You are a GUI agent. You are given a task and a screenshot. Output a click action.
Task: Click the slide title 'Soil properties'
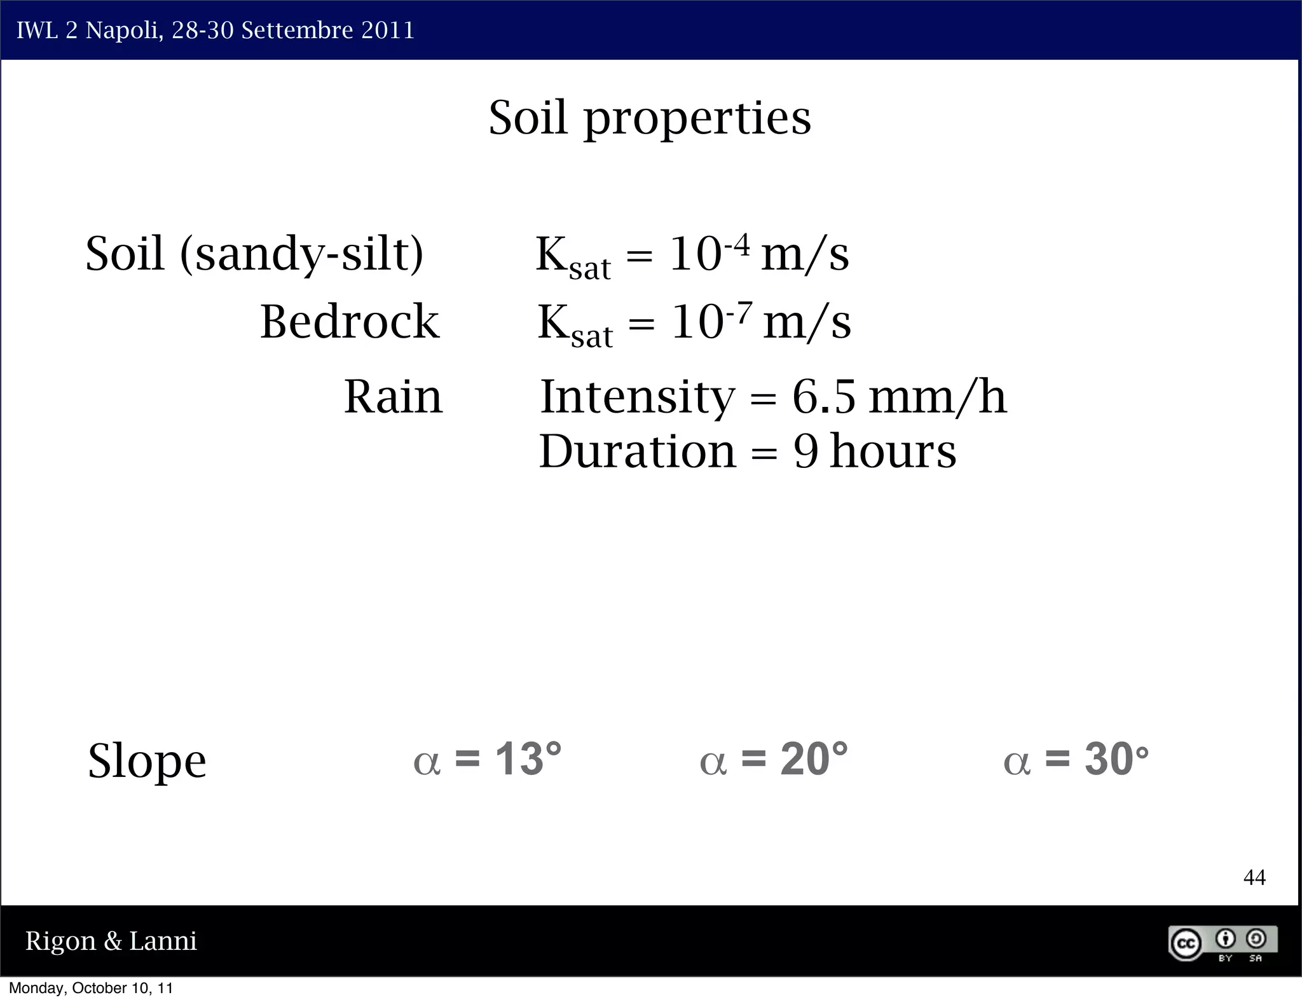(x=650, y=118)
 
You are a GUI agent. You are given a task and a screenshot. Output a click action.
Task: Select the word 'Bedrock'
(x=350, y=322)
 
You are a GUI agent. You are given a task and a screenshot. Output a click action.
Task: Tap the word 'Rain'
(x=393, y=397)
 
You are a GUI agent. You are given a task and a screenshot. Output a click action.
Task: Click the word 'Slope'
(x=147, y=761)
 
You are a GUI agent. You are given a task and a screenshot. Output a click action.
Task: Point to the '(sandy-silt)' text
(x=302, y=254)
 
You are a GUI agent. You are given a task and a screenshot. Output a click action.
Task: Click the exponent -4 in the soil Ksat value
(x=737, y=244)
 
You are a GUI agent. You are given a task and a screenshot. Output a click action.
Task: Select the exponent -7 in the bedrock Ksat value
(x=739, y=312)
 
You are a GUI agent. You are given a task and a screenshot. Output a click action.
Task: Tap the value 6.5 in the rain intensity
(x=824, y=397)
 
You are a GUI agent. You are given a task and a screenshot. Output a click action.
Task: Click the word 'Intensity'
(x=637, y=397)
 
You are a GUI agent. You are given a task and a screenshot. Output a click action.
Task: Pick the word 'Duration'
(x=637, y=452)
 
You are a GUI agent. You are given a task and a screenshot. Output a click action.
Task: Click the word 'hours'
(x=893, y=452)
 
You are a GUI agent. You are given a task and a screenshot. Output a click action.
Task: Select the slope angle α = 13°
(x=488, y=760)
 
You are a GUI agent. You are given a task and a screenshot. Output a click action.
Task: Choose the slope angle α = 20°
(x=774, y=760)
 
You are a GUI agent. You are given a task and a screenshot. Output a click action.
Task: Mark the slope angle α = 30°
(x=1076, y=760)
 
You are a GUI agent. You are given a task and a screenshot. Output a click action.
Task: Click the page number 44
(x=1254, y=878)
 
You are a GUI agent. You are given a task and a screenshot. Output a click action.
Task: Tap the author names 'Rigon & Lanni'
(x=111, y=941)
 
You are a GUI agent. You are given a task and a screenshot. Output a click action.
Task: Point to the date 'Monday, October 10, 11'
(x=91, y=988)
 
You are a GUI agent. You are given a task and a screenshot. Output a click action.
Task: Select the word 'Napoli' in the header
(x=123, y=31)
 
